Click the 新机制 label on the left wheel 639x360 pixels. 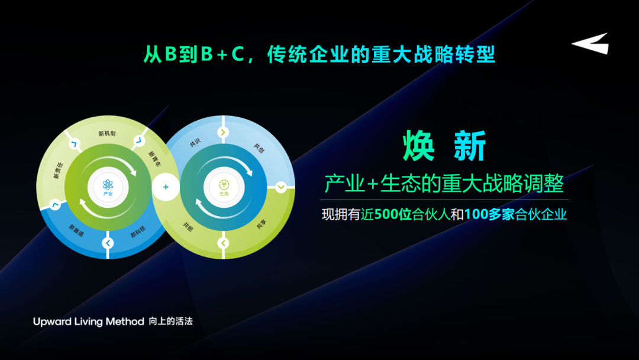pos(106,133)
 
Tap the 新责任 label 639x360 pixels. pos(58,171)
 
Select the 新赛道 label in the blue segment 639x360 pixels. pos(76,230)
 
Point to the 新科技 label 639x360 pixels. pos(138,232)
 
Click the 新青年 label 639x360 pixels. pos(154,159)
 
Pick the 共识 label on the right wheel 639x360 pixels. pos(195,143)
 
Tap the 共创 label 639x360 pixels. pos(259,148)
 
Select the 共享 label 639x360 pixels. pos(262,224)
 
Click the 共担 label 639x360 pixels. pos(188,227)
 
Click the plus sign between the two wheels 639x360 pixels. pos(166,187)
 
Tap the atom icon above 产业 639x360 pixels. pos(108,184)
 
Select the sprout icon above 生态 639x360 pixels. pos(224,185)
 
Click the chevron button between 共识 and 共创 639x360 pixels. pos(223,132)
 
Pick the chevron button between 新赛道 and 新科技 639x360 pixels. pos(108,243)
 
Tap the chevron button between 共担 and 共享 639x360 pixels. pos(223,243)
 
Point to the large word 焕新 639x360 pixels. pos(444,146)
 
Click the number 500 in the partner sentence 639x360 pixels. pos(386,214)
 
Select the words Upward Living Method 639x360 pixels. pos(88,322)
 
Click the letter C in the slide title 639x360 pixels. pos(238,54)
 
